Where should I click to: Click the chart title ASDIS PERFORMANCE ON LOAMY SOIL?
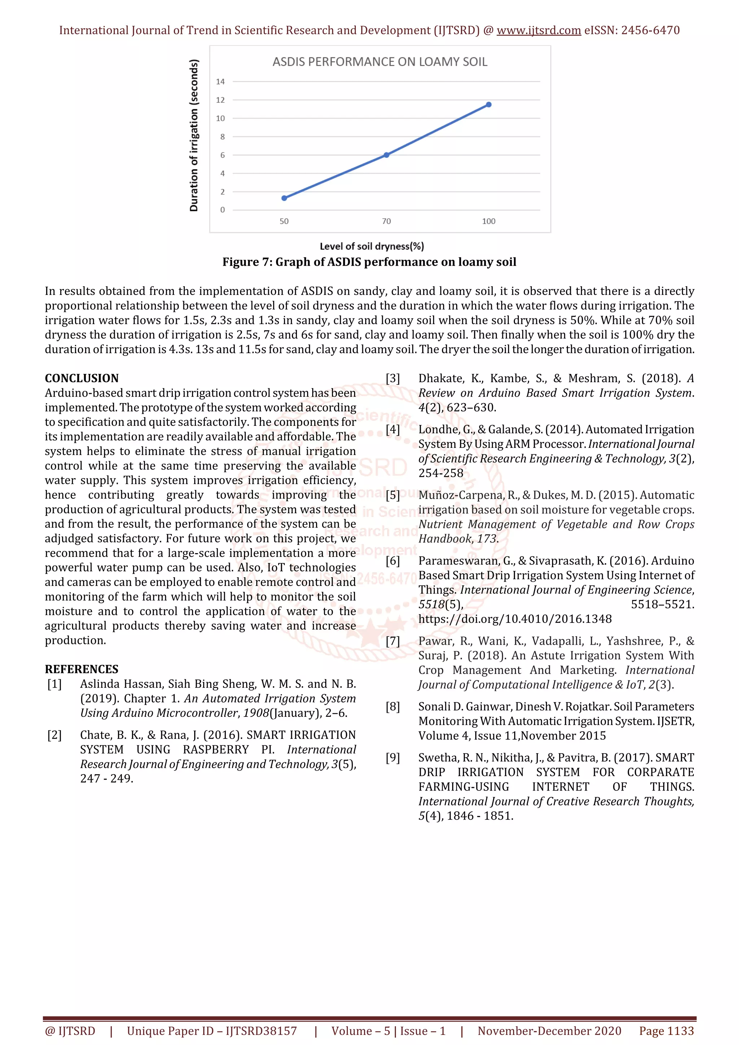(380, 62)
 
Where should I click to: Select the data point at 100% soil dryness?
(489, 105)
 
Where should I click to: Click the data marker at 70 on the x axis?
(386, 155)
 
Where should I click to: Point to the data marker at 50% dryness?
(284, 198)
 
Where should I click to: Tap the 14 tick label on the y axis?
(220, 82)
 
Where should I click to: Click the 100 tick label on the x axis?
(489, 221)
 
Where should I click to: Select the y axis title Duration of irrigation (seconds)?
(194, 136)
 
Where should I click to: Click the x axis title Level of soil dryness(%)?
(372, 246)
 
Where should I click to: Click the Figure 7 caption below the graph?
(369, 262)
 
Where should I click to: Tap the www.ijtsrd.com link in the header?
(538, 31)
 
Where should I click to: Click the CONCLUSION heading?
(82, 378)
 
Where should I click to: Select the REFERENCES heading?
(82, 669)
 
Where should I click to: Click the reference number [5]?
(393, 495)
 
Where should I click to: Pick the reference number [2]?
(54, 735)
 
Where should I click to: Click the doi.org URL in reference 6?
(515, 619)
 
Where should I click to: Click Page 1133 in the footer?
(666, 1031)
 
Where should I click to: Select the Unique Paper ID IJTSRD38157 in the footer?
(212, 1031)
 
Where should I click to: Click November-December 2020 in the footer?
(549, 1031)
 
